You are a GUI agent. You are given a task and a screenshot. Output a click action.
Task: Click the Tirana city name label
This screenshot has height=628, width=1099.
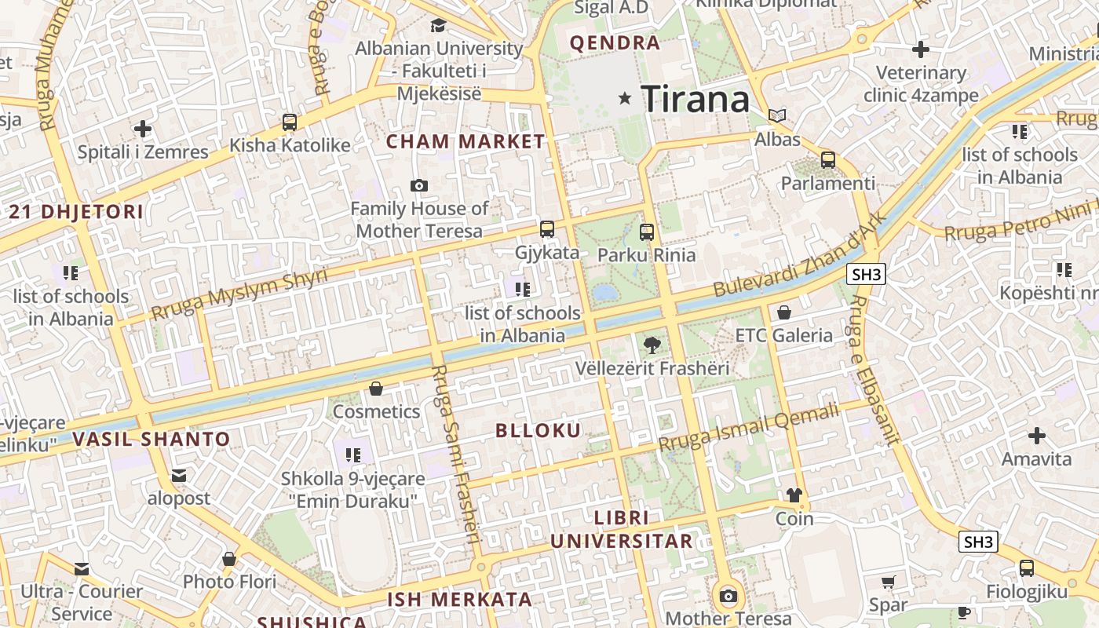click(696, 100)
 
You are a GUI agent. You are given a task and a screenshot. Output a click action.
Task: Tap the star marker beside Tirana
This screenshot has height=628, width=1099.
click(625, 98)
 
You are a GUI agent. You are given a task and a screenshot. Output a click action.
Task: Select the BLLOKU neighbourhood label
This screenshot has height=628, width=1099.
click(539, 430)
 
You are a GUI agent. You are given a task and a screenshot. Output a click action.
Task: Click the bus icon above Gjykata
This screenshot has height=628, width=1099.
click(547, 229)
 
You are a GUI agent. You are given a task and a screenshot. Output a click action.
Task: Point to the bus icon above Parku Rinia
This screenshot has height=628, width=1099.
click(647, 232)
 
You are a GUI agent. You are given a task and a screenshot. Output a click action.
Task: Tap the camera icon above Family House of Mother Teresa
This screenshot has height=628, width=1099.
click(419, 185)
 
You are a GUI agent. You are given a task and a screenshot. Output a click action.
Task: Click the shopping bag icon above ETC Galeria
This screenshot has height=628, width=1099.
click(783, 312)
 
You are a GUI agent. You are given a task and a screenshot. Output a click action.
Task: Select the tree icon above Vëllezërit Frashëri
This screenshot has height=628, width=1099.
click(652, 345)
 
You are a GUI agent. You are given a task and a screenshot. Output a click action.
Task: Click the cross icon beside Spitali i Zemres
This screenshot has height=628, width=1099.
click(143, 128)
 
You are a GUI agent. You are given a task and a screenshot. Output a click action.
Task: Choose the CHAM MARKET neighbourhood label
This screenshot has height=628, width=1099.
click(466, 142)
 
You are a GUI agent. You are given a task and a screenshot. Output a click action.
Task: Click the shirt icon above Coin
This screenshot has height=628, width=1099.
click(794, 495)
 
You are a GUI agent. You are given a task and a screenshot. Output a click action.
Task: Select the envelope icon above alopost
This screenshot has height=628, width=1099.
click(179, 475)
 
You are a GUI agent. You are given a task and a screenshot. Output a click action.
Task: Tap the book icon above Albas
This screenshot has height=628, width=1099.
click(777, 116)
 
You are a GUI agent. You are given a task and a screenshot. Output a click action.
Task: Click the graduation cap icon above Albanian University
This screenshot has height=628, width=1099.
click(438, 25)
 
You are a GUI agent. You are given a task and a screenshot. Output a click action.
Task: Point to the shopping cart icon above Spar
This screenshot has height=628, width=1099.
click(888, 582)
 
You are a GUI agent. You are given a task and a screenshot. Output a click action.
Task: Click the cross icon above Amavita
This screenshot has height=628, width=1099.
click(1037, 435)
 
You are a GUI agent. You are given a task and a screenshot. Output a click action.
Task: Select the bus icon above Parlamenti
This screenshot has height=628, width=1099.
click(828, 160)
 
